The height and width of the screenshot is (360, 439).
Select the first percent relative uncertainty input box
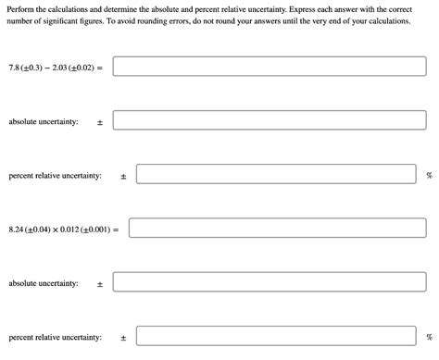(x=276, y=175)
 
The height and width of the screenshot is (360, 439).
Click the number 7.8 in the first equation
(x=13, y=68)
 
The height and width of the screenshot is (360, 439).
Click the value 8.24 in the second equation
(x=16, y=229)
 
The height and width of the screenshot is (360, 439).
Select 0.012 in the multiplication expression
(x=70, y=229)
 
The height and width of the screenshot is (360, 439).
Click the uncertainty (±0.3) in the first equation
(x=30, y=68)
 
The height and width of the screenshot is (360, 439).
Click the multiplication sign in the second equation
(x=55, y=229)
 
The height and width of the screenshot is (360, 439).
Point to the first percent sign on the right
(x=429, y=175)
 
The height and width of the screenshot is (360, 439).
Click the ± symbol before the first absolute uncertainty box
(x=100, y=122)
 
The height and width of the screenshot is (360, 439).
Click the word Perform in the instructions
(x=21, y=8)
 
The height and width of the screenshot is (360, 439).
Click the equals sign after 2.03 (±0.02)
(x=100, y=68)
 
